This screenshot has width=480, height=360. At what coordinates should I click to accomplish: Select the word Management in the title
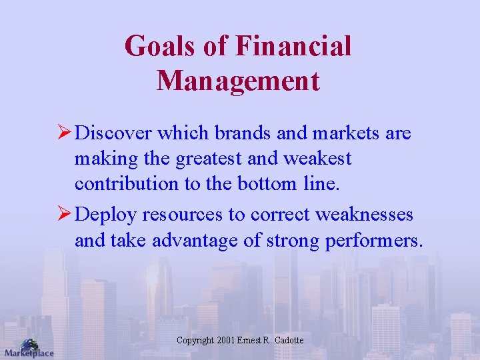239,81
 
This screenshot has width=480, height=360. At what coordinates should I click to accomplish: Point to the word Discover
114,133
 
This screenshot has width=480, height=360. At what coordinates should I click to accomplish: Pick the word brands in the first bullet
243,133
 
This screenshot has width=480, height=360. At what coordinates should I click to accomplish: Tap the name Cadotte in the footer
288,341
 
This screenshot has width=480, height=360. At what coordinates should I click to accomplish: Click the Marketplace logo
28,348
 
